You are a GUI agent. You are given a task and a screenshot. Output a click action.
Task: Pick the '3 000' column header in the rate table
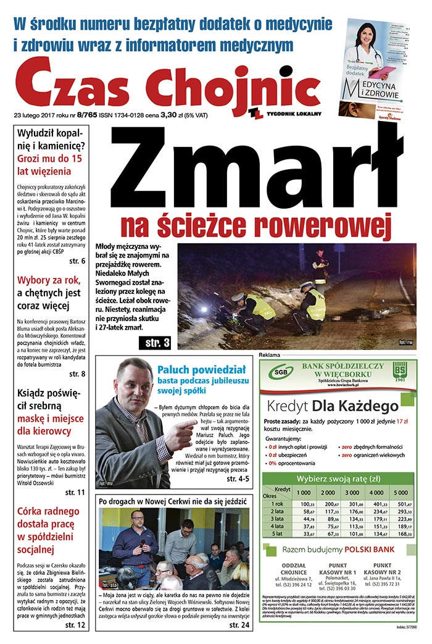(x=352, y=492)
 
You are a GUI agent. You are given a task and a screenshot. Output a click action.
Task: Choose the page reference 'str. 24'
(x=239, y=625)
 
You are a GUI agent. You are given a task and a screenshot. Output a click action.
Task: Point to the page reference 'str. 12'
(x=75, y=625)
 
